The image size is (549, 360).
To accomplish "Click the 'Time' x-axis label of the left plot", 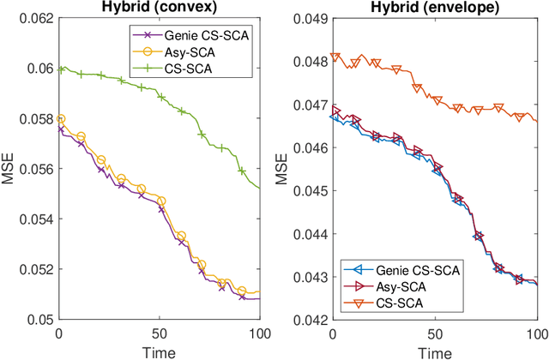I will click(x=160, y=351).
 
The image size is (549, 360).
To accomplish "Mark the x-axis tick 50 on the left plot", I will click(x=160, y=333).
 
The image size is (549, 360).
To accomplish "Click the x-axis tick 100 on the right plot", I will click(x=537, y=333).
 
